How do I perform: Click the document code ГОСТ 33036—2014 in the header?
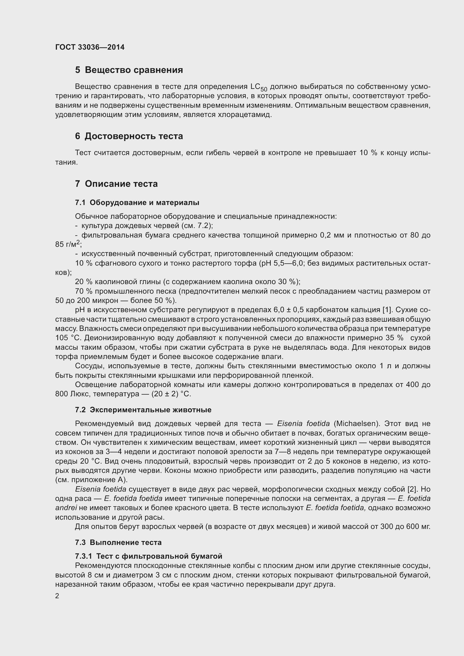[x=90, y=47]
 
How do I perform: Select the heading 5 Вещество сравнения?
[x=129, y=70]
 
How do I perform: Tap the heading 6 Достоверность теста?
[x=129, y=136]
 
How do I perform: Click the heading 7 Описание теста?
[x=116, y=184]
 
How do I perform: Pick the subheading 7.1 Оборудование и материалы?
[x=137, y=202]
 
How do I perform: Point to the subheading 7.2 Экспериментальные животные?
[x=143, y=410]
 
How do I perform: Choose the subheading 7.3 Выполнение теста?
[x=118, y=542]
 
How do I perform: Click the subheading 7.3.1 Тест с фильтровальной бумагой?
[x=149, y=556]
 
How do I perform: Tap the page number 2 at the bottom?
[x=57, y=596]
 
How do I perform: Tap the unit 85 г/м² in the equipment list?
[x=68, y=244]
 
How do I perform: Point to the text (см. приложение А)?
[x=91, y=479]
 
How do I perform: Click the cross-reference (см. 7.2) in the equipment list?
[x=197, y=226]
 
